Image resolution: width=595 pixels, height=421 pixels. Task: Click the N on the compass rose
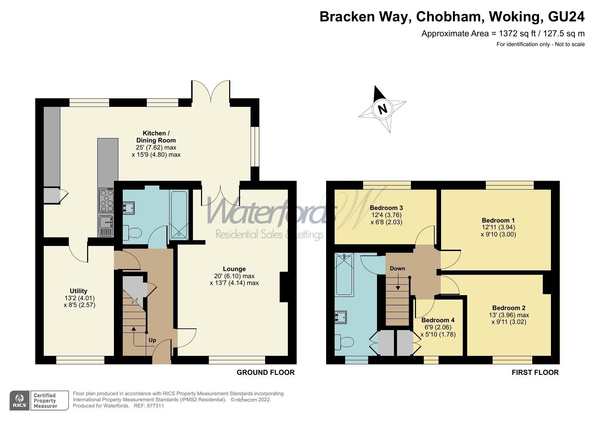(x=382, y=109)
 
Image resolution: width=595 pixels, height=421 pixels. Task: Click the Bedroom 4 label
(x=438, y=320)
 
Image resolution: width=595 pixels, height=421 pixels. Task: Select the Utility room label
(x=78, y=291)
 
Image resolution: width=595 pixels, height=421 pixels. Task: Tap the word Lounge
(x=234, y=269)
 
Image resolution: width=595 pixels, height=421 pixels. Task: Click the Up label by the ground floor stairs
(x=152, y=340)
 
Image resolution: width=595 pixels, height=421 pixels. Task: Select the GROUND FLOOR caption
(x=265, y=372)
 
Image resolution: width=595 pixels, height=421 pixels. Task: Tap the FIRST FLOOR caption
(x=535, y=372)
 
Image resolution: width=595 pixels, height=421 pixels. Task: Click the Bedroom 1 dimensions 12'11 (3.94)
(x=498, y=227)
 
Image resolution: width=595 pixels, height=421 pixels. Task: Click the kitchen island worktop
(x=108, y=163)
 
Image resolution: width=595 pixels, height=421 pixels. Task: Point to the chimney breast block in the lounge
(x=284, y=287)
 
